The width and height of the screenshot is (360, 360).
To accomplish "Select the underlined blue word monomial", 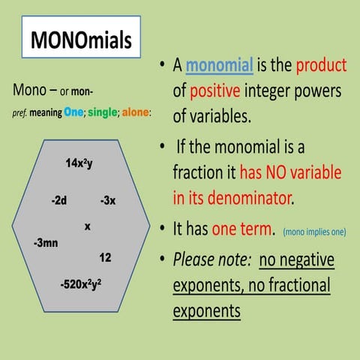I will (x=220, y=66).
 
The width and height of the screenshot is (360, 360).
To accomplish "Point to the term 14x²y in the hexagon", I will (x=79, y=163).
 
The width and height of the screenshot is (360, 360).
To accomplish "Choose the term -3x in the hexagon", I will (x=107, y=201).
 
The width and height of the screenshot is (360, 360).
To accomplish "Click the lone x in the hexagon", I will (x=88, y=225).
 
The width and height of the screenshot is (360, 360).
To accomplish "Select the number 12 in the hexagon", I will (x=105, y=258).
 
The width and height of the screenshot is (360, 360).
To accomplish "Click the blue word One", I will (x=73, y=112).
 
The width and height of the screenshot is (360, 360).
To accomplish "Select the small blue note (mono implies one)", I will (x=315, y=232).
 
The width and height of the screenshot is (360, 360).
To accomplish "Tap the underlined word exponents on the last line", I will (x=207, y=310).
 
